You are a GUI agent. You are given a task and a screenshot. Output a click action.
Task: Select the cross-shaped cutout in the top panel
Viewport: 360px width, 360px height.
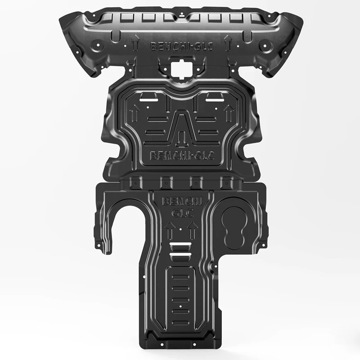181,68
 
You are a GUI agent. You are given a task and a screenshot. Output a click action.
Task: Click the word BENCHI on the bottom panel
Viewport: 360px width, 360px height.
181,201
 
